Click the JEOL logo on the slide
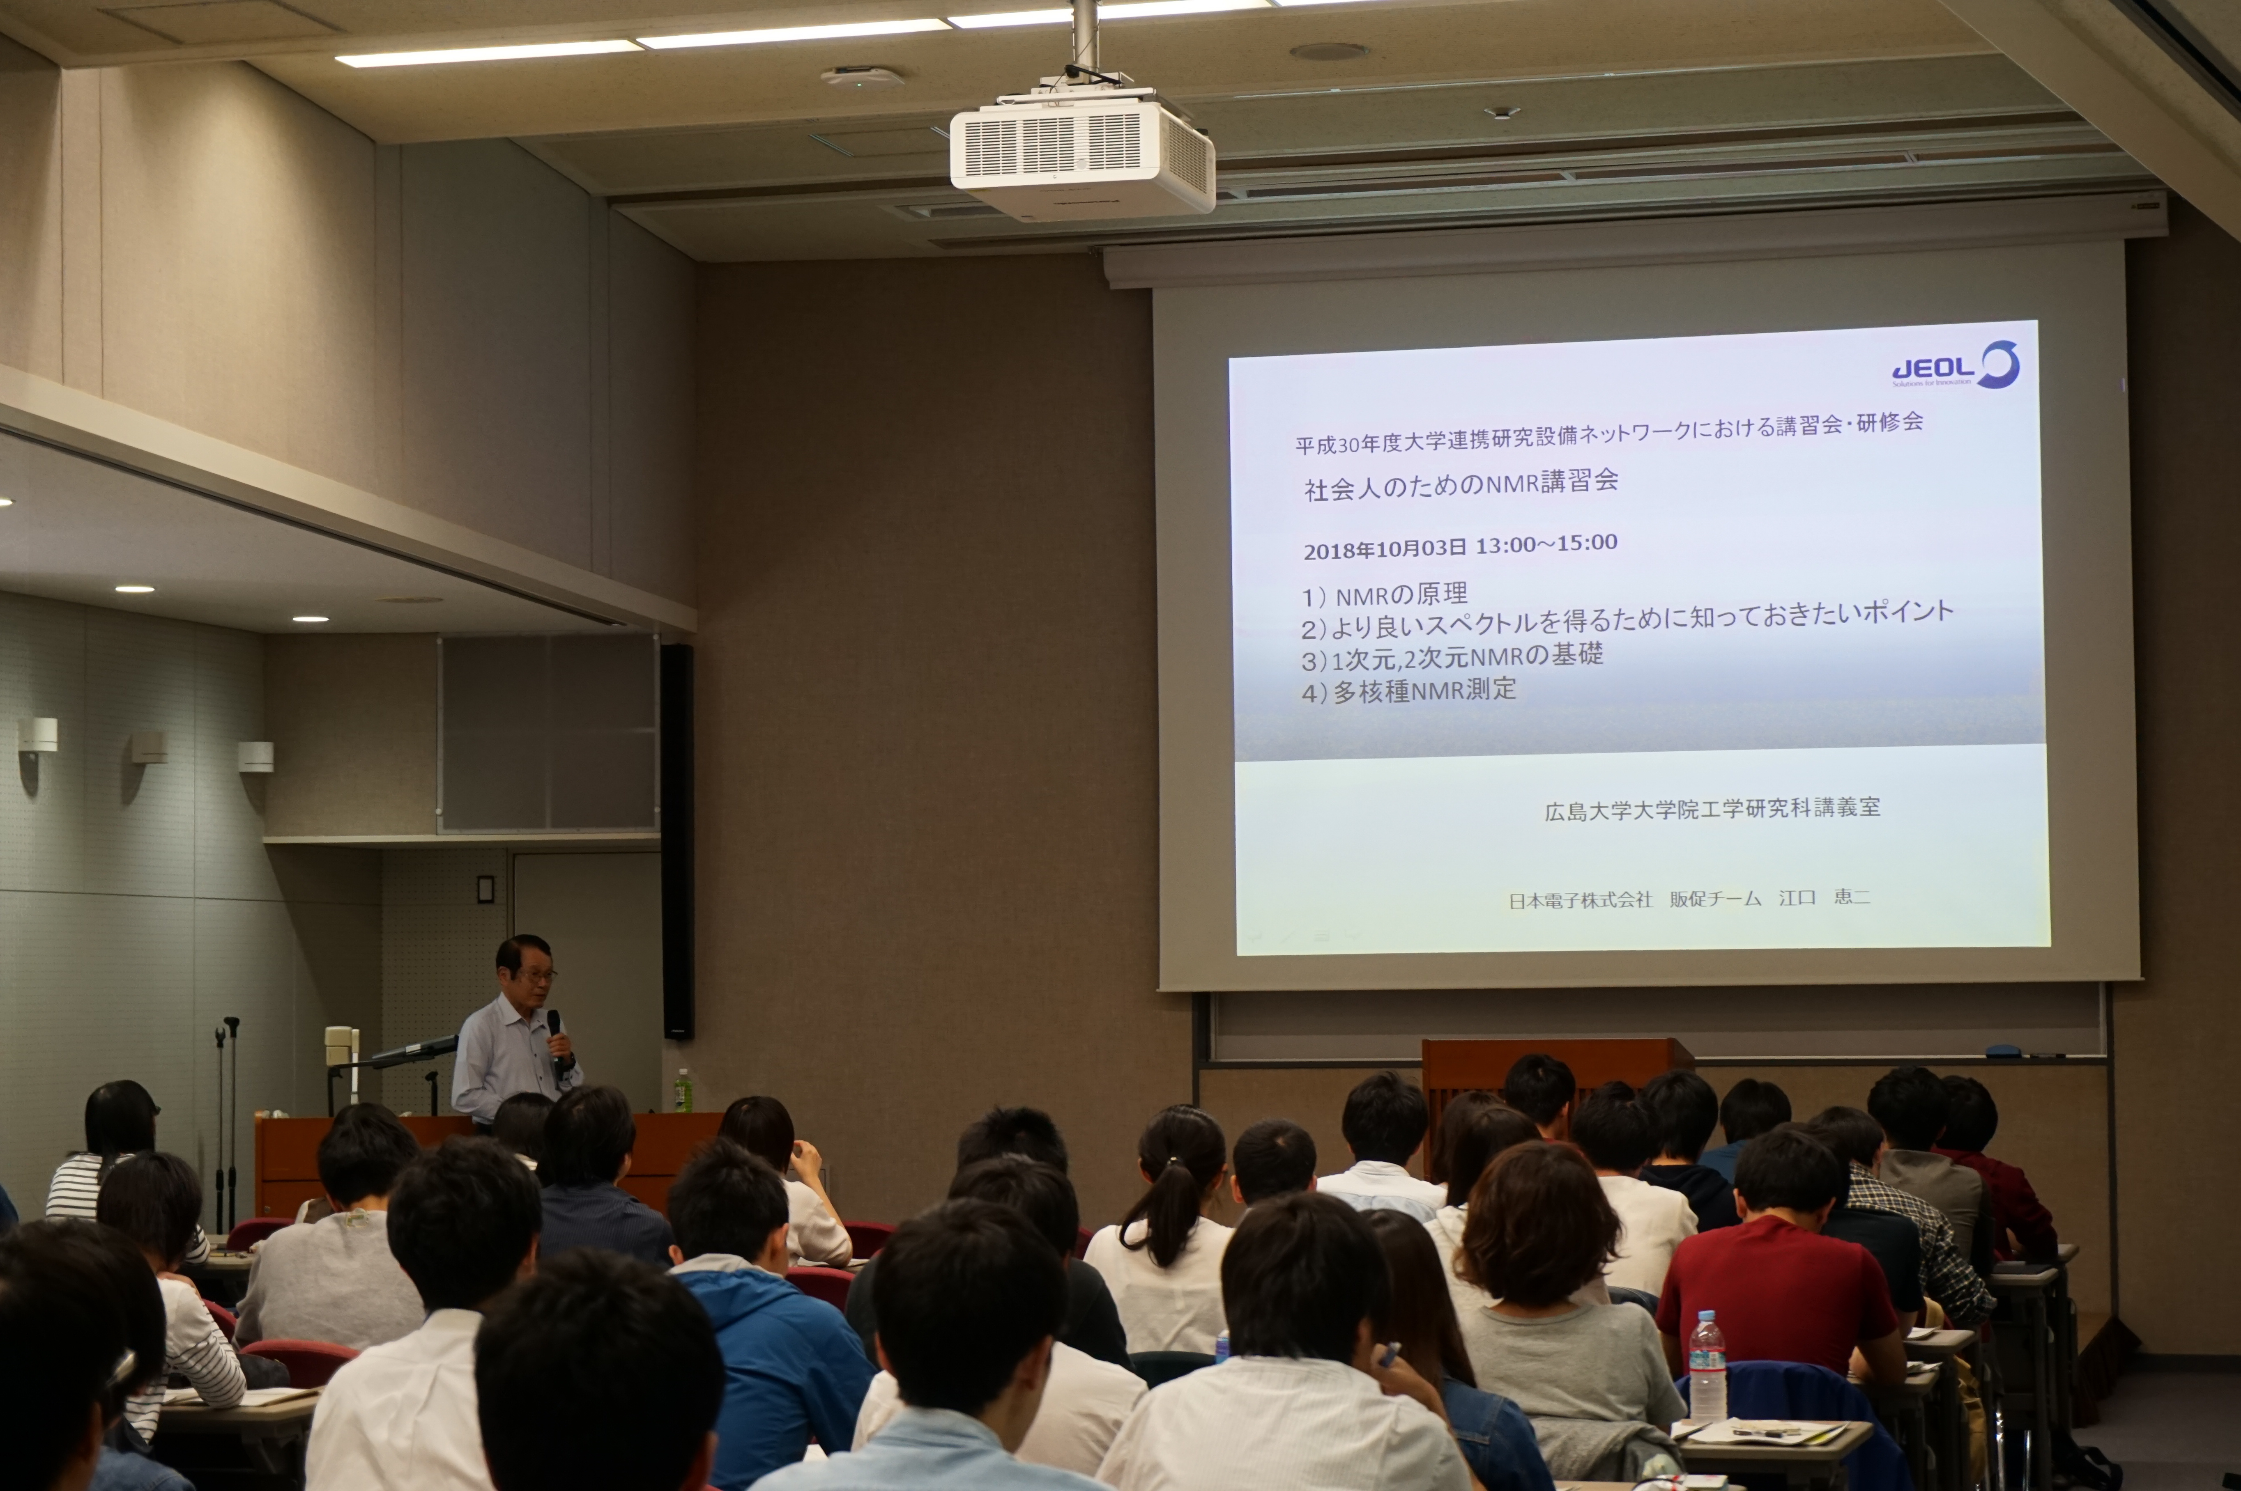(1955, 365)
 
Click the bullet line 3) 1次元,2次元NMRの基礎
(1452, 656)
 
